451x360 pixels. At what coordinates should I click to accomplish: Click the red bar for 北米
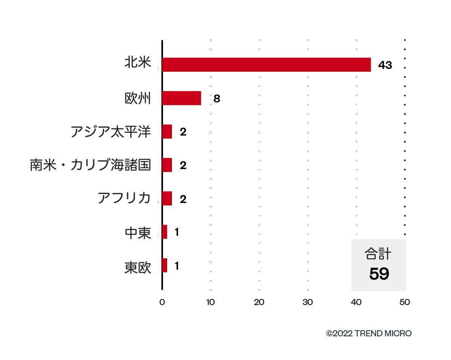point(266,65)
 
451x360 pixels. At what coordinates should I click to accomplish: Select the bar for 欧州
point(181,98)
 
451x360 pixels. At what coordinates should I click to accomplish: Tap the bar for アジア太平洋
point(167,132)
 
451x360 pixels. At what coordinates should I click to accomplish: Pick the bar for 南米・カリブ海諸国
point(167,165)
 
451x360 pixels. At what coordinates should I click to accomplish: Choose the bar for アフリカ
point(167,198)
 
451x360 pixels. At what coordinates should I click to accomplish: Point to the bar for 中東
point(165,232)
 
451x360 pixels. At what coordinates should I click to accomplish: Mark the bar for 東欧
point(165,265)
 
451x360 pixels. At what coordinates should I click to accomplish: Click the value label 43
point(385,65)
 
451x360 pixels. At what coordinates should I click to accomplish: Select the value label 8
point(216,99)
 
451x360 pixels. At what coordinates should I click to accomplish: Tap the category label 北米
point(138,63)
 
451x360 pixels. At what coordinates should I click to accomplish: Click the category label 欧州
point(138,99)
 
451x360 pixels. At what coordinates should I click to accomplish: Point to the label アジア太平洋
point(111,132)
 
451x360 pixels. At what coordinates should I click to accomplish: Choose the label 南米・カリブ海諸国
point(90,165)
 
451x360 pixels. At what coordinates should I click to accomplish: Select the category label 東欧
point(138,268)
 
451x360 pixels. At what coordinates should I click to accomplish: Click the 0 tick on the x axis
point(162,302)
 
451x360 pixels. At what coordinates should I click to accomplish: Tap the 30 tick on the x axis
point(308,302)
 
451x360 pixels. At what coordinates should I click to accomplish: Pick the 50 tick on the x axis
point(405,302)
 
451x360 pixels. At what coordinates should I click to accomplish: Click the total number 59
point(379,274)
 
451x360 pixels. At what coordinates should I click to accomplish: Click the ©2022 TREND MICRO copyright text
point(369,334)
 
